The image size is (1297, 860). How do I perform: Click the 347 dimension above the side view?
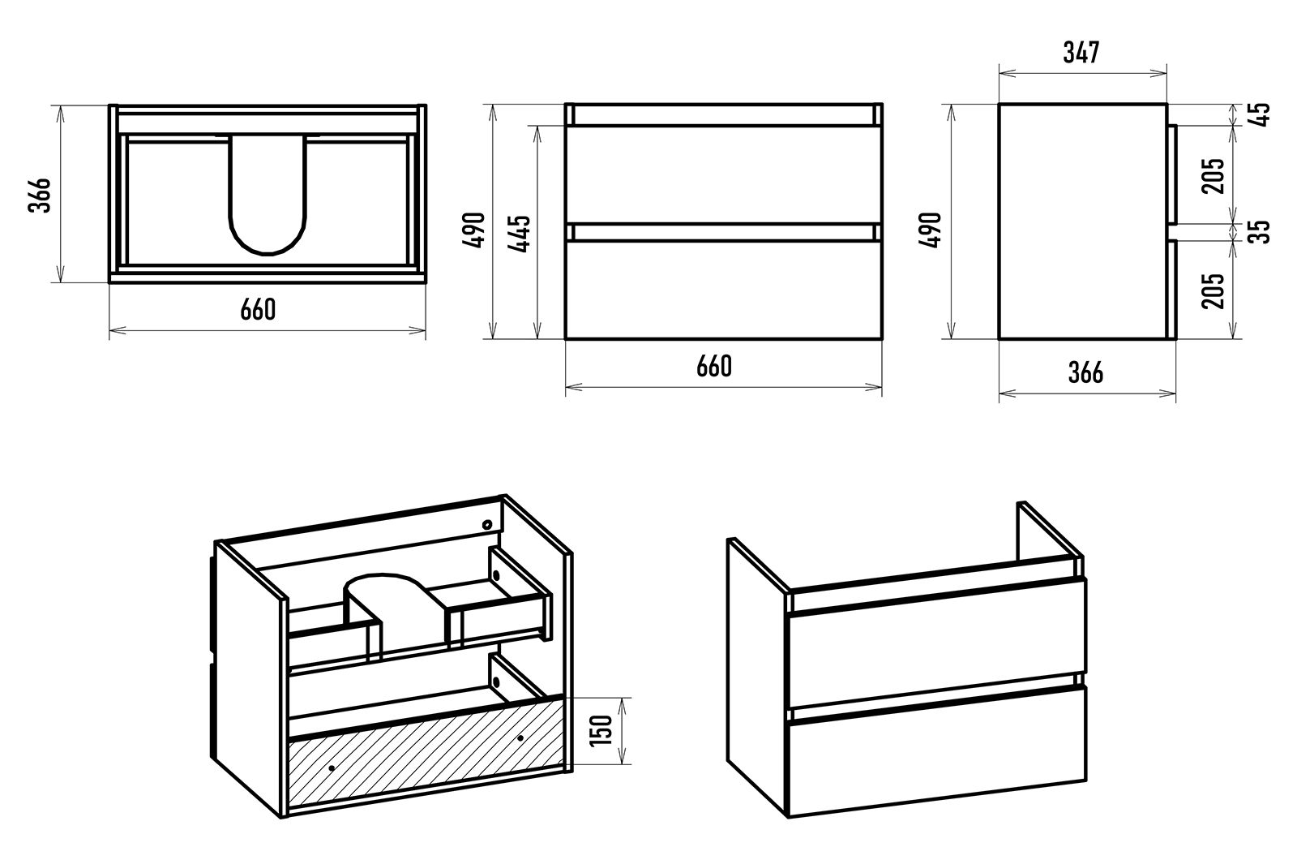point(1081,52)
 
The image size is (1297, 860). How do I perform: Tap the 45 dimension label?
point(1260,113)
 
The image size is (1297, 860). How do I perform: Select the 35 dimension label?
point(1260,231)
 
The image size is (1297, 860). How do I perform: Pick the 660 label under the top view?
point(257,309)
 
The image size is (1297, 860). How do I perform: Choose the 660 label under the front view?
point(713,366)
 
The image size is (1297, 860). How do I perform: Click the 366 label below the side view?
point(1085,372)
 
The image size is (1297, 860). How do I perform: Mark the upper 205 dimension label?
point(1214,174)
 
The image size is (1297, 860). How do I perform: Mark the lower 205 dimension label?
point(1214,290)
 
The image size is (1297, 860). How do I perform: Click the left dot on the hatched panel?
point(332,767)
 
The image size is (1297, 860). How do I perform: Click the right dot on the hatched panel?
point(520,738)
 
